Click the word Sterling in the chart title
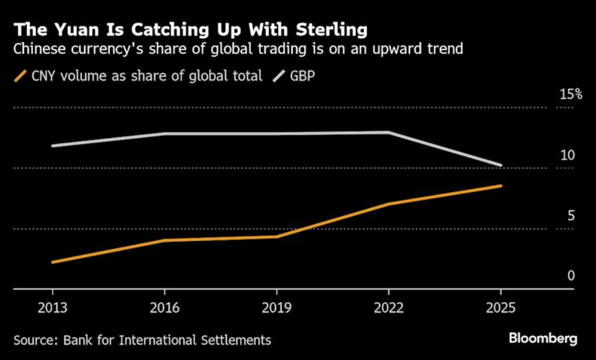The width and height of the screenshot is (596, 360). pos(329,30)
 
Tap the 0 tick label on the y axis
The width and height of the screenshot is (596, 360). pos(571,277)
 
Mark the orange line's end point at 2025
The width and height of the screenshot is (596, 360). pos(500,186)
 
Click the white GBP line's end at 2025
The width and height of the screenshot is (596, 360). pos(500,165)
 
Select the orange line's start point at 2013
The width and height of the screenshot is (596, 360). pos(52,262)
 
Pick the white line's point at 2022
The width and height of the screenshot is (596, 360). pos(389,132)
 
